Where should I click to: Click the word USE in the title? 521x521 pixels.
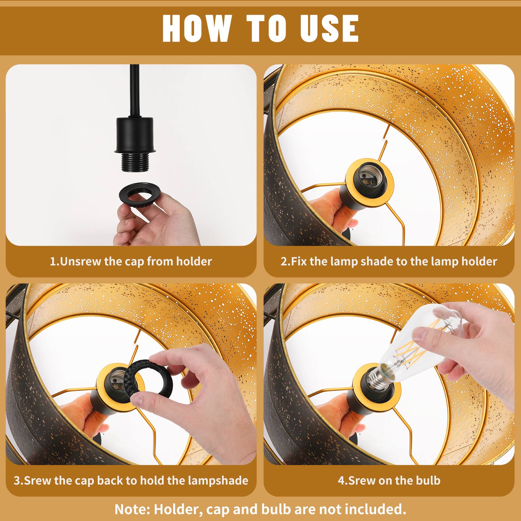point(329,28)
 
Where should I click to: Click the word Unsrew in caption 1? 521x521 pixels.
point(81,261)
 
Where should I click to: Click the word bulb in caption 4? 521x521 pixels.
point(428,481)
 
